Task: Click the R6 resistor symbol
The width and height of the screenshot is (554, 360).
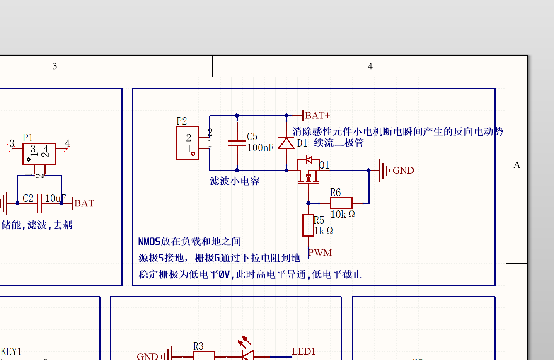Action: point(341,203)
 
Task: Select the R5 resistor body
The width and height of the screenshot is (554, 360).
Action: point(308,225)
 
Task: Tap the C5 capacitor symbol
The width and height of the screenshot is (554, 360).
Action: point(237,143)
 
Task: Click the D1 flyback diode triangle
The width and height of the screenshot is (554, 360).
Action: point(286,143)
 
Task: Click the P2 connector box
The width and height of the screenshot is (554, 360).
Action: point(187,143)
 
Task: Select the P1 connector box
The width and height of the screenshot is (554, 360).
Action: point(39,154)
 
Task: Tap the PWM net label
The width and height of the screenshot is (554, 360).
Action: point(320,252)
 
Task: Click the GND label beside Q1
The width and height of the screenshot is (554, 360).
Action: point(403,170)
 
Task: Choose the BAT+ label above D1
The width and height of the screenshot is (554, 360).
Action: point(317,115)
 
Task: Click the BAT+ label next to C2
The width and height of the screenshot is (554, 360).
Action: point(87,203)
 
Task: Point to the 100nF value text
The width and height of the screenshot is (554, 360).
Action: point(260,147)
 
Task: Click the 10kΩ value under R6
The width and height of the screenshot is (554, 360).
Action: point(343,214)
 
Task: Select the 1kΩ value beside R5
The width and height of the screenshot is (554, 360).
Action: point(324,231)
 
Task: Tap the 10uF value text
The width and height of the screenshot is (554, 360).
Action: point(56,198)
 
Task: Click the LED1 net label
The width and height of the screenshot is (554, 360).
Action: point(304,352)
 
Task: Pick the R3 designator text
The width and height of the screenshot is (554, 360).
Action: point(198,346)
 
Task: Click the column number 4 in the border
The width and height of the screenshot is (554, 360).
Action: point(370,66)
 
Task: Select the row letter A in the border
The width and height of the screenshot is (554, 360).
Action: point(517,165)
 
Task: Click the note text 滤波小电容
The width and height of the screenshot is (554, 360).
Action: point(235,181)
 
